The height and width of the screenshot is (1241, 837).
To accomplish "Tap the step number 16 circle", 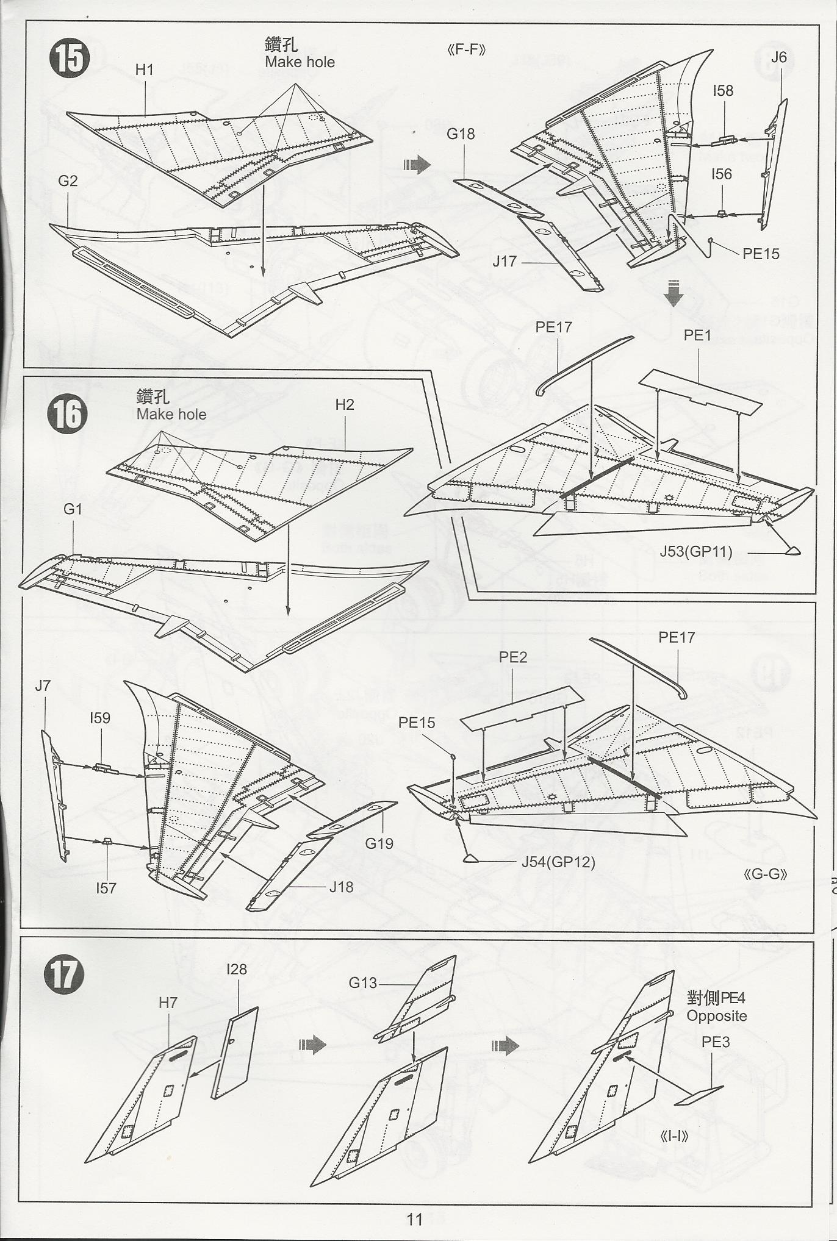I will coord(68,413).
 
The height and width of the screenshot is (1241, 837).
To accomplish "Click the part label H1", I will coord(144,70).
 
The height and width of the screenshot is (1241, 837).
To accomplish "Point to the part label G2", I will coord(68,181).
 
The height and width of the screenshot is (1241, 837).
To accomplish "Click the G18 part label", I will coord(461,134).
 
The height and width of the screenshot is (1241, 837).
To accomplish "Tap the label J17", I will coord(505,261).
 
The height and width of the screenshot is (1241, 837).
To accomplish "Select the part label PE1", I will coord(697,335).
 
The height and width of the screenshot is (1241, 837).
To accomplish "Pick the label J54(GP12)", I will coord(558,862).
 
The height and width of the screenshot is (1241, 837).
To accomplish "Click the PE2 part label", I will coord(512,657).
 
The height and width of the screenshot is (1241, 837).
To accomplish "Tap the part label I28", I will coord(236,969).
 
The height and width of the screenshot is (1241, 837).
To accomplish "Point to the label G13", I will coord(363,982).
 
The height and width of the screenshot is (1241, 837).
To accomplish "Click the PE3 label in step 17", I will coord(716,1042).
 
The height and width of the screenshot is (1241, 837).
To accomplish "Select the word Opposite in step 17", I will coord(716,1015).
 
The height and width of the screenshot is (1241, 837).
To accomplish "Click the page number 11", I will coord(415,1219).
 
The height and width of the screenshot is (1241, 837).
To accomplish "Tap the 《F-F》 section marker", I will coord(467,50).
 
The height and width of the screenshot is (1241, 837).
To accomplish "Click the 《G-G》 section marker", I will coord(766,874).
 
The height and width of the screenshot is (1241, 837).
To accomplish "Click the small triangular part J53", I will coord(792,551).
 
